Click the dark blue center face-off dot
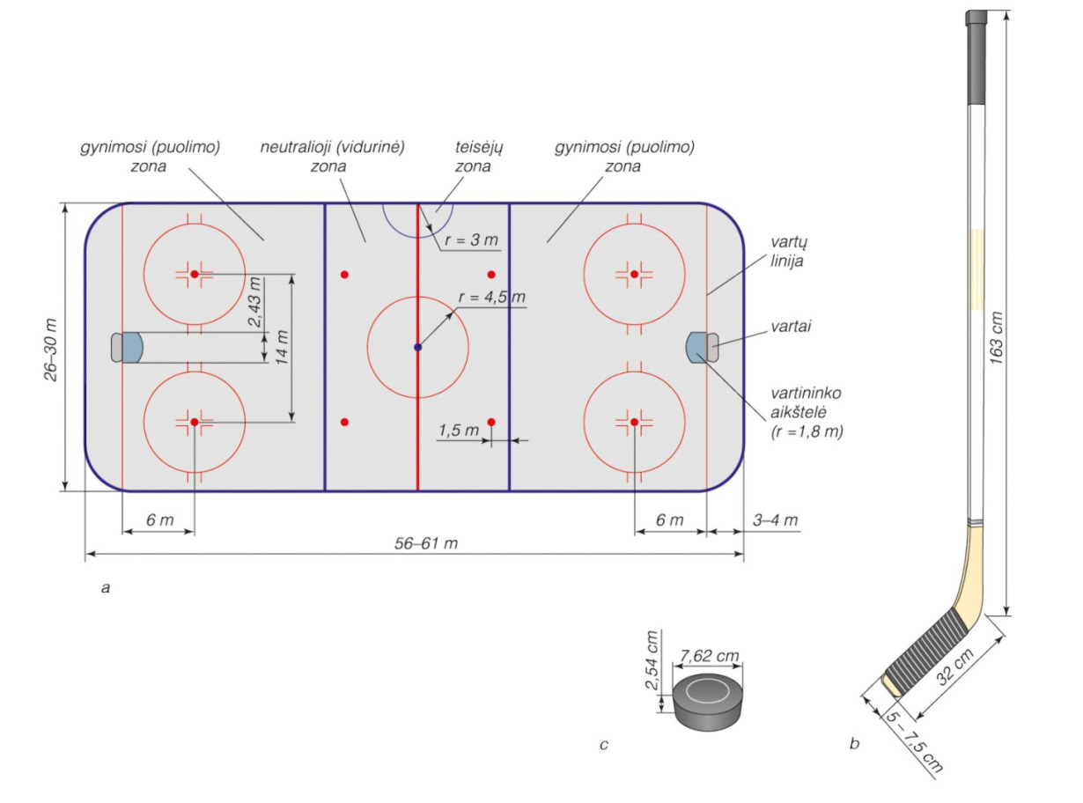coord(417,347)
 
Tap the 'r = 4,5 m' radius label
coord(492,297)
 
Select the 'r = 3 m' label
coord(471,239)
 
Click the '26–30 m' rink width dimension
coord(51,350)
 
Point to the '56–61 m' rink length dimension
coord(426,543)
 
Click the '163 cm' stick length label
coord(996,337)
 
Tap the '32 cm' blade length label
coord(955,667)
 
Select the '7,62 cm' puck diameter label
coord(709,655)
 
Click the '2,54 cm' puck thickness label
coord(652,659)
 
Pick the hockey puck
coord(708,702)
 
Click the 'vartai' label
coord(791,327)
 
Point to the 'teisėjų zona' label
coord(473,157)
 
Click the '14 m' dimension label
coord(283,347)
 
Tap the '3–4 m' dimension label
coord(775,519)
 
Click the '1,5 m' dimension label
coord(458,431)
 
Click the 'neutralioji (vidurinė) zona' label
coord(332,157)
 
